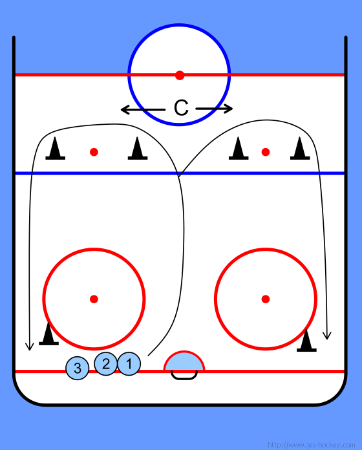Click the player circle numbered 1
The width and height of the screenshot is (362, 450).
(129, 364)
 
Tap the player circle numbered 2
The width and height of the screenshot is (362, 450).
(106, 364)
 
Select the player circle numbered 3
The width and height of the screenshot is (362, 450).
(78, 368)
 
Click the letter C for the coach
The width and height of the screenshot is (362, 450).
(181, 108)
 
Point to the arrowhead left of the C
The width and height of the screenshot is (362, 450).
(124, 109)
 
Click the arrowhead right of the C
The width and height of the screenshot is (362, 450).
(229, 109)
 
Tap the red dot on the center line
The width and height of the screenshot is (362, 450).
(180, 75)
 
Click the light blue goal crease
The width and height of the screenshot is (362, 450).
(184, 361)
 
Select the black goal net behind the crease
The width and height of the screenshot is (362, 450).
(184, 376)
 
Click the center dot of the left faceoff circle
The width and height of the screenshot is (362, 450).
(94, 299)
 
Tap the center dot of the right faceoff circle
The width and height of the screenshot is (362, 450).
(266, 299)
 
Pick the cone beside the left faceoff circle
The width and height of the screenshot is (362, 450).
(48, 334)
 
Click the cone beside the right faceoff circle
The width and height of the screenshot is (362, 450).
(306, 340)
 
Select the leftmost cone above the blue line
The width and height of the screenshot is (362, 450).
(56, 148)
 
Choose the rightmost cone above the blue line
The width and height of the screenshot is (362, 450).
(300, 148)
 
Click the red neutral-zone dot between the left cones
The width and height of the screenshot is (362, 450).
(94, 152)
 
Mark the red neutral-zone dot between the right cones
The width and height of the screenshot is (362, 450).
(266, 152)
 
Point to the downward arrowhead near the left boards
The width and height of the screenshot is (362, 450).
(29, 347)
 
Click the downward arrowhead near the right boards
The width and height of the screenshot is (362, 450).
(327, 336)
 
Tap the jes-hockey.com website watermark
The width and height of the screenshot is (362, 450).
(311, 445)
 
